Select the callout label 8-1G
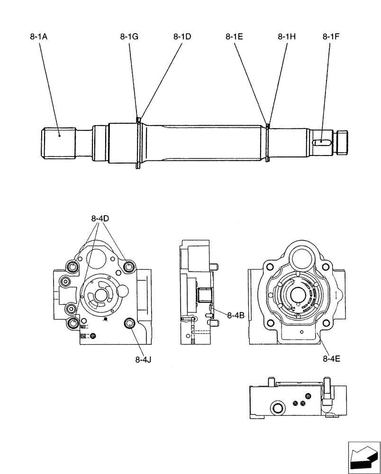tap(129, 36)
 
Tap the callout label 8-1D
tap(182, 36)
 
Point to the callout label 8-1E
tap(235, 36)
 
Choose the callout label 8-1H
tap(287, 36)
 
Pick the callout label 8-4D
tap(100, 219)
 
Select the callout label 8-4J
tap(143, 359)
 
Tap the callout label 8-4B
tap(236, 315)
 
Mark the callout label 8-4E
tap(332, 359)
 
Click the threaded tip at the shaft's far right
tap(342, 142)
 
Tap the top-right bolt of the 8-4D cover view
tap(128, 268)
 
